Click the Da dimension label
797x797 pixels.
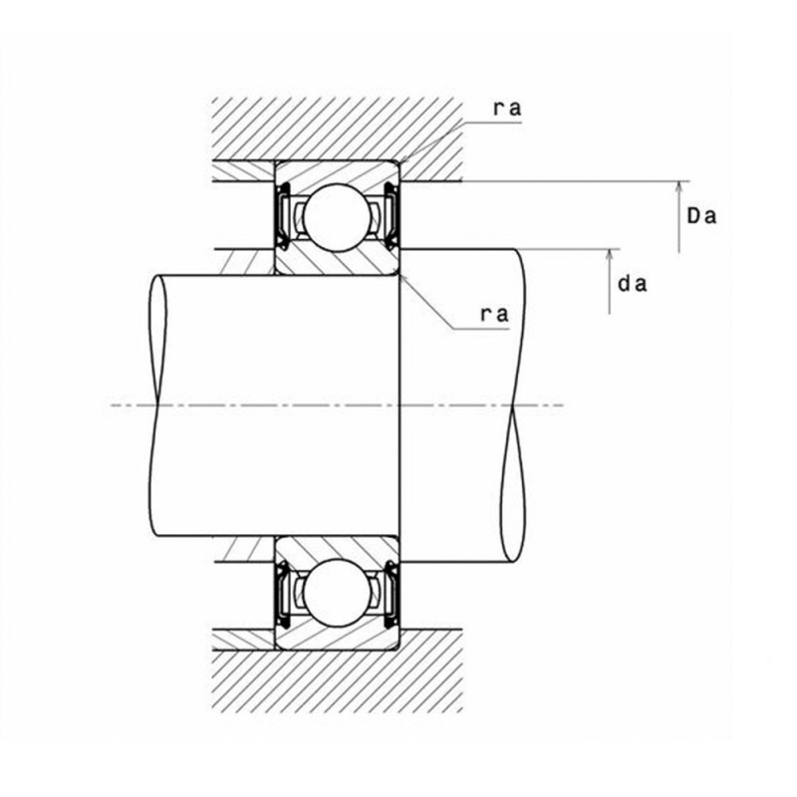702,214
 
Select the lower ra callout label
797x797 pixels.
495,314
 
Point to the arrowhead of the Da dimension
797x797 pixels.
680,186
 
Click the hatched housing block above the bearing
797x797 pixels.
339,130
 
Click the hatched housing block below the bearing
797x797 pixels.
339,677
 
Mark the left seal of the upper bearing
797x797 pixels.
283,214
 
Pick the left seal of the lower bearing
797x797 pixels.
283,595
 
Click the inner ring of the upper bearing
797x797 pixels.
338,261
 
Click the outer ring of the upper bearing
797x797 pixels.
338,168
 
